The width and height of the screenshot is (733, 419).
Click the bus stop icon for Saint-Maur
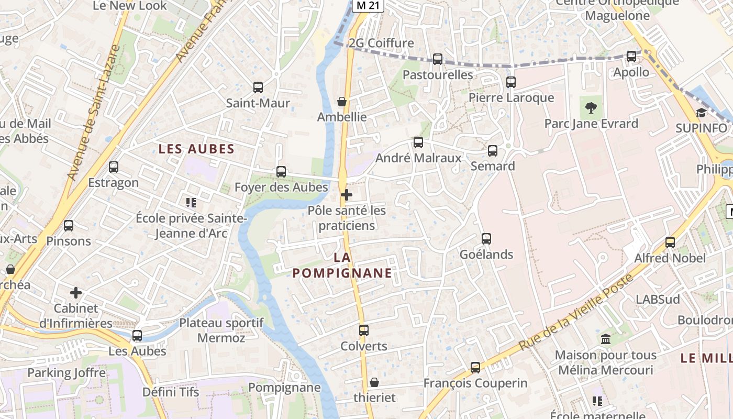pyautogui.click(x=258, y=87)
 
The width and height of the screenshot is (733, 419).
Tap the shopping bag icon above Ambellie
pyautogui.click(x=342, y=102)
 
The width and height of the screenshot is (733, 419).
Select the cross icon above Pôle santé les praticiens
pyautogui.click(x=346, y=195)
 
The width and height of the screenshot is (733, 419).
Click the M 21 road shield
pyautogui.click(x=368, y=5)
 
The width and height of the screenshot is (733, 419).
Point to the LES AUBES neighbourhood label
pyautogui.click(x=196, y=149)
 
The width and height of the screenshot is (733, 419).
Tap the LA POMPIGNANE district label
pyautogui.click(x=342, y=265)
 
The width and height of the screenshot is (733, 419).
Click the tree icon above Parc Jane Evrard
pyautogui.click(x=591, y=108)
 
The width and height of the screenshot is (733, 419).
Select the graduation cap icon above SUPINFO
pyautogui.click(x=701, y=113)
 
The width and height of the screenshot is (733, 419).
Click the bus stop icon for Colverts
pyautogui.click(x=364, y=330)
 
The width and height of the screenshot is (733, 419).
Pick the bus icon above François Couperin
pyautogui.click(x=475, y=368)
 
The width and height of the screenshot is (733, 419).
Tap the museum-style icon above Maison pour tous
pyautogui.click(x=606, y=339)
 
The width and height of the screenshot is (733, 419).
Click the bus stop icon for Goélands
pyautogui.click(x=486, y=239)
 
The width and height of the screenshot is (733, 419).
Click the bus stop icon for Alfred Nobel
pyautogui.click(x=670, y=242)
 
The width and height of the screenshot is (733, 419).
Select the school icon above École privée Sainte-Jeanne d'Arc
pyautogui.click(x=191, y=202)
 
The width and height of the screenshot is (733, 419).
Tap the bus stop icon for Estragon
pyautogui.click(x=114, y=167)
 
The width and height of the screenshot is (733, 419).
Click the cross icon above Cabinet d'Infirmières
pyautogui.click(x=76, y=293)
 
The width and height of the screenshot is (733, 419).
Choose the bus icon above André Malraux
pyautogui.click(x=418, y=142)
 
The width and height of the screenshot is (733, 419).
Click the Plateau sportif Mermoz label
pyautogui.click(x=221, y=330)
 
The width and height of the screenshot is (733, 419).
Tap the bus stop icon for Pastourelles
pyautogui.click(x=438, y=59)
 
